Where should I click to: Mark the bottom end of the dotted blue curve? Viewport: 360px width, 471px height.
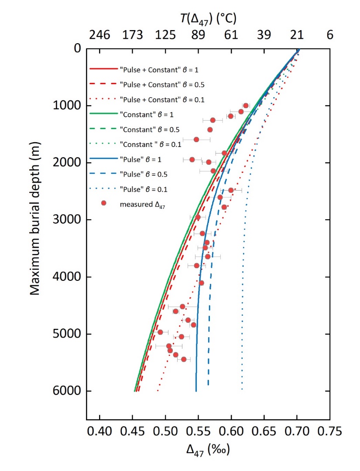point(242,389)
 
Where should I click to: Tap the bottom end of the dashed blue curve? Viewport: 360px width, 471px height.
point(208,385)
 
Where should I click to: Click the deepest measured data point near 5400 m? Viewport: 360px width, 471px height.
point(184,359)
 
